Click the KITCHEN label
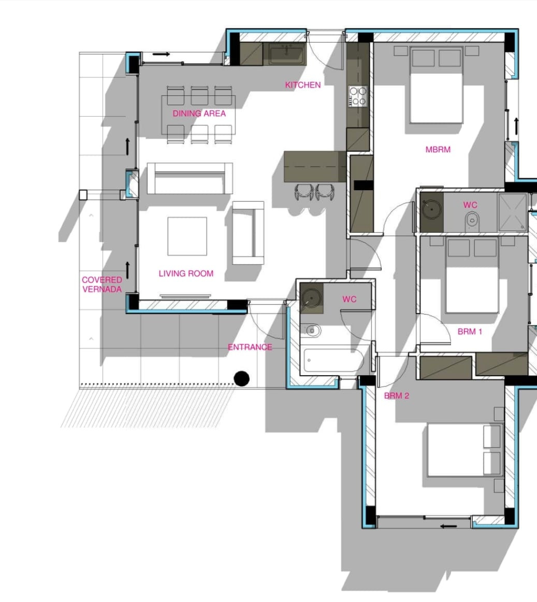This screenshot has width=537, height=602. point(303,85)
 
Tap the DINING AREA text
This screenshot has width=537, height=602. point(199,113)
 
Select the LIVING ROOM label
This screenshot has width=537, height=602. point(186,274)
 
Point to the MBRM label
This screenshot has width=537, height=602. point(438,150)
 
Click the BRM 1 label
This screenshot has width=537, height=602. point(470,332)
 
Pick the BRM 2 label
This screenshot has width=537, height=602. point(397,396)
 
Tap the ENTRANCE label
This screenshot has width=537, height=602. point(250,347)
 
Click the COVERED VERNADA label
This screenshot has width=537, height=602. point(102,284)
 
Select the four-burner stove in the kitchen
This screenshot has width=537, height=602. point(358,96)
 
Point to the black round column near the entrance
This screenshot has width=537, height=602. point(241,379)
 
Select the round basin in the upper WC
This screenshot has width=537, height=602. point(431,209)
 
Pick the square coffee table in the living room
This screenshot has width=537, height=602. point(187,236)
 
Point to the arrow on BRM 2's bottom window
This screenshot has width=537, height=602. point(448,526)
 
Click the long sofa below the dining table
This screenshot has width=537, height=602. point(190,178)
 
